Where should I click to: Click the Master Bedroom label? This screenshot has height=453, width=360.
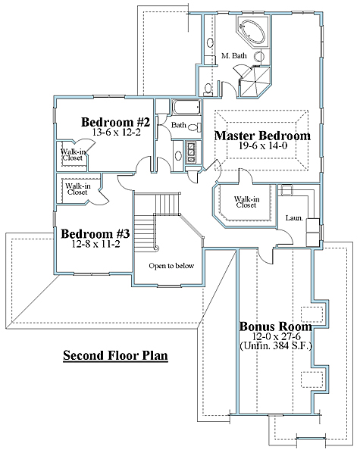click(x=262, y=136)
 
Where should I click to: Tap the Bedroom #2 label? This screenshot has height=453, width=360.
click(x=116, y=122)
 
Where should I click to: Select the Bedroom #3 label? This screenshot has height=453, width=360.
click(x=95, y=234)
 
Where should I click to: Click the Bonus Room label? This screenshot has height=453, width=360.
click(x=276, y=326)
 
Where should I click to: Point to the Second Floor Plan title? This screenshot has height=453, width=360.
click(x=115, y=355)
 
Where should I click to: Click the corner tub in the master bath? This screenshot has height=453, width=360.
click(x=252, y=31)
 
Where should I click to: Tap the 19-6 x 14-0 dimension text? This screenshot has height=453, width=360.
click(x=263, y=145)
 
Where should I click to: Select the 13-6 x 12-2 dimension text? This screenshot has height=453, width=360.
click(x=116, y=132)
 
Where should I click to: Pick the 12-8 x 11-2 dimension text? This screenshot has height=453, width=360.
click(x=95, y=244)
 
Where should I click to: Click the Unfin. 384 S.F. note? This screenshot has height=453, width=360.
click(x=276, y=345)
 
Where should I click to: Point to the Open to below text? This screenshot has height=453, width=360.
click(x=171, y=266)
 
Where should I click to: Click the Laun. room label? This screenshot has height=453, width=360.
click(x=294, y=218)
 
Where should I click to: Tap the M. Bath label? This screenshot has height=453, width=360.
click(x=234, y=55)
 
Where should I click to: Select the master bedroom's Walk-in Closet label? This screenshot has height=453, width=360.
click(x=246, y=202)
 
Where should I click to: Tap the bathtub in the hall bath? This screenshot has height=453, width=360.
click(x=186, y=107)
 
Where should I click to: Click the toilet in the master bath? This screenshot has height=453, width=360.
click(x=208, y=89)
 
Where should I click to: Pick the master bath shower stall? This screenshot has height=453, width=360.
click(x=255, y=82)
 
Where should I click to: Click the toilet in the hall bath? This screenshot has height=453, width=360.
click(x=194, y=127)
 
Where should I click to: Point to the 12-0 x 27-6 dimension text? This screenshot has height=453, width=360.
click(x=276, y=336)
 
